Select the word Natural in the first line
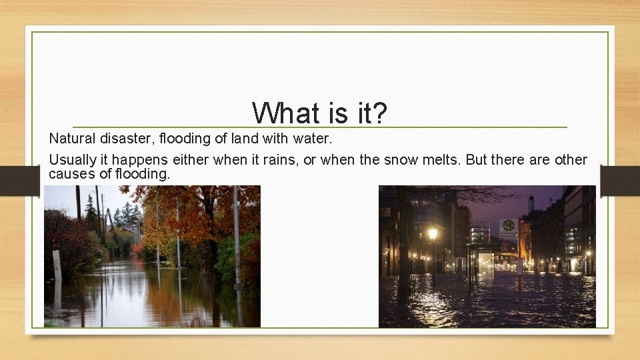pyautogui.click(x=69, y=139)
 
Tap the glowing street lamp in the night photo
pyautogui.click(x=433, y=233)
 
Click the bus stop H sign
pyautogui.click(x=508, y=227)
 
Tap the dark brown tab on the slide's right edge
pyautogui.click(x=619, y=180)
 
